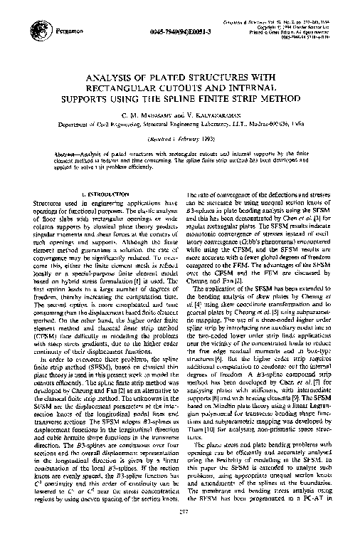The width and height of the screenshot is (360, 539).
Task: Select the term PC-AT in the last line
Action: pyautogui.click(x=319, y=516)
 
